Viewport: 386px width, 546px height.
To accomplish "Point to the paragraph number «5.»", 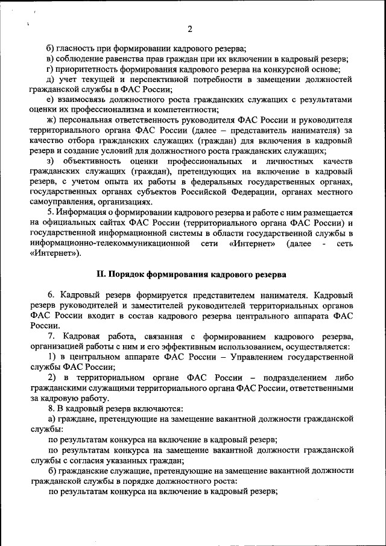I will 51,212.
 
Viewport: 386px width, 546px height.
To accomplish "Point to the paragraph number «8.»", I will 51,408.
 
